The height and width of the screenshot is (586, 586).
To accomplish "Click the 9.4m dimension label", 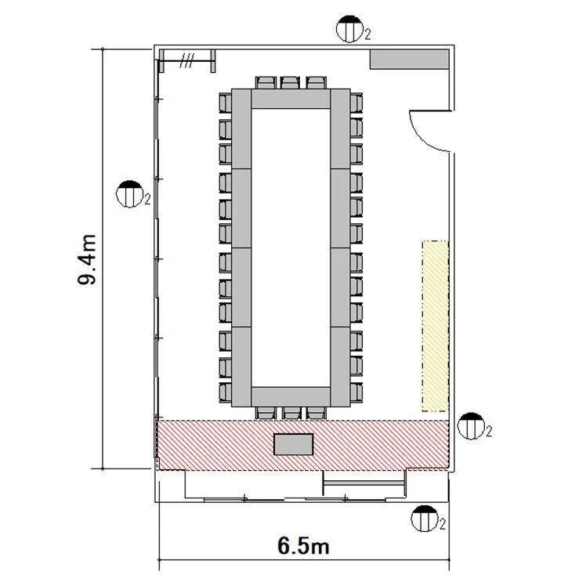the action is tap(87, 260).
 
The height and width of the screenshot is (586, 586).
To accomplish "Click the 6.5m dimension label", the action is tap(303, 545).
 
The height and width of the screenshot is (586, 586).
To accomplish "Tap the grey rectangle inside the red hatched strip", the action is tap(293, 444).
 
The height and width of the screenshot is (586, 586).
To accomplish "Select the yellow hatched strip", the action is tap(436, 326).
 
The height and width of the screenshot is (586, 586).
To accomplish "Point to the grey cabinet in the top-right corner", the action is tap(409, 60).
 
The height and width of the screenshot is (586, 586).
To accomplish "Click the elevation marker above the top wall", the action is tap(350, 29).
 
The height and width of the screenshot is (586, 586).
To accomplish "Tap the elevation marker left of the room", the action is tap(130, 194).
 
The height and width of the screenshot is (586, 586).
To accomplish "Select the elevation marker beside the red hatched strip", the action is tap(471, 426).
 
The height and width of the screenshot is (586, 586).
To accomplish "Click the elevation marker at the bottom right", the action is tap(425, 519).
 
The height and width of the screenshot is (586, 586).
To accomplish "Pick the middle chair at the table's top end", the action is tap(291, 82).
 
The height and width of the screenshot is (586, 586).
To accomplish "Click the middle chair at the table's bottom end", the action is tap(291, 413).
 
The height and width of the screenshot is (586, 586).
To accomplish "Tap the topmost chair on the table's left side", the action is tap(226, 103).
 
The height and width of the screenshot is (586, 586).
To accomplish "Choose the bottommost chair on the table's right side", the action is tap(356, 392).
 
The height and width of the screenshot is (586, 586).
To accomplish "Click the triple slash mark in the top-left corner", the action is tap(186, 60).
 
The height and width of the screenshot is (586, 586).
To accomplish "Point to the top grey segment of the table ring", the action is tap(291, 99).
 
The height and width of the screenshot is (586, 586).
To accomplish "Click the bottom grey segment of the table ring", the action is tap(291, 397).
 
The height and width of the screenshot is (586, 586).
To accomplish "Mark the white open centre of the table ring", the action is tap(291, 248).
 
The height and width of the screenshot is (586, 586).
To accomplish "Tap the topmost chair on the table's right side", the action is tap(356, 103).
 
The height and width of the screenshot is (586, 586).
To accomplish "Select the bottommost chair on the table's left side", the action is tap(226, 392).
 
